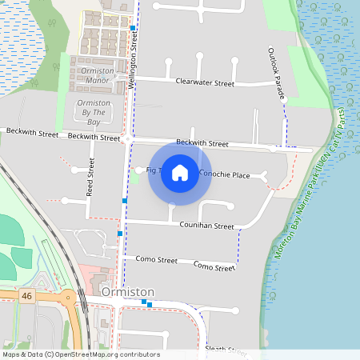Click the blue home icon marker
180,172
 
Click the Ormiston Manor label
94,75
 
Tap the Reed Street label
90,178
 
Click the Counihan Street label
207,226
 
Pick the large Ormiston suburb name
127,292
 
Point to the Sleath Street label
226,349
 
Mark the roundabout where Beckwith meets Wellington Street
127,139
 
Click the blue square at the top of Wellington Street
133,27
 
